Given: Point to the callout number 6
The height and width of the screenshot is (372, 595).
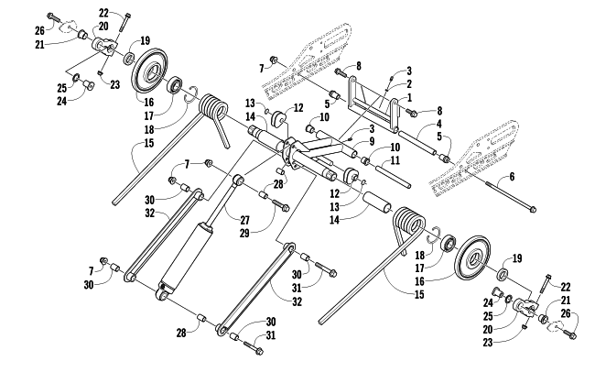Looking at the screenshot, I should coord(512,176).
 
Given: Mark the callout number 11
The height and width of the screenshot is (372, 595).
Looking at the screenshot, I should coord(396,160).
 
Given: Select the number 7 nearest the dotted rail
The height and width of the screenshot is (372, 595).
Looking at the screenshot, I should coord(261,69).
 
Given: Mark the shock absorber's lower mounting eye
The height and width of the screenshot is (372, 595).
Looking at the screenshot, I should coord(164,292).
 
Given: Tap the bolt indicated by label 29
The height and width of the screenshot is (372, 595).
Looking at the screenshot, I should coord(276,202).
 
